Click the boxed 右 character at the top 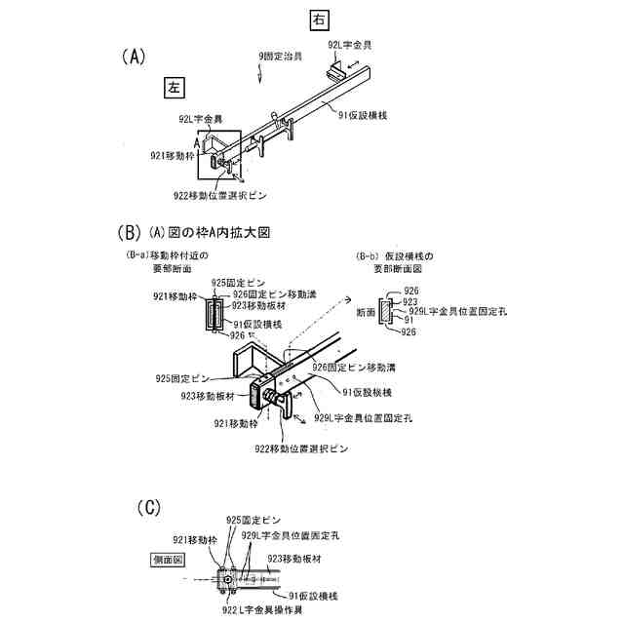coord(321,19)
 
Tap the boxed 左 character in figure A coord(175,88)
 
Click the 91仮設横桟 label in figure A coord(364,115)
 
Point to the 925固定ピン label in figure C coord(253,521)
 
